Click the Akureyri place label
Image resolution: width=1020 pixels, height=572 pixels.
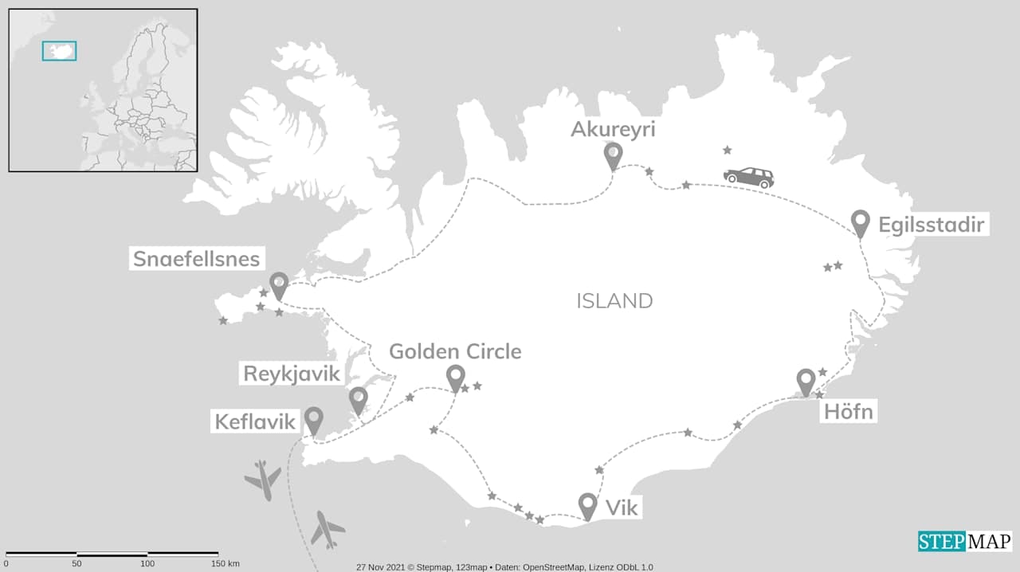(613, 129)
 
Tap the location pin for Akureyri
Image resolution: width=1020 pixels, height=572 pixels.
(613, 155)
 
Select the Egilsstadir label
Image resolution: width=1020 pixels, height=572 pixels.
(932, 225)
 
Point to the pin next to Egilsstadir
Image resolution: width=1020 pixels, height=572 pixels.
(860, 222)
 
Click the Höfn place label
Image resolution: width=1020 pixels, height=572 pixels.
(848, 412)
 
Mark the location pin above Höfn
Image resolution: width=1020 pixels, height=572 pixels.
(806, 381)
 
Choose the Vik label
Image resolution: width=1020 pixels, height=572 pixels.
(622, 507)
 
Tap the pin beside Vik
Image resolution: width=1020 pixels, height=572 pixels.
(588, 504)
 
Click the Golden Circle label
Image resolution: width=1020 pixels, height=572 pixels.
(455, 351)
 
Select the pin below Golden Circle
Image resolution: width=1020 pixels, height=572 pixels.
(456, 377)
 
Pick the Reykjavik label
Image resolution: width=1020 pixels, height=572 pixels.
(292, 374)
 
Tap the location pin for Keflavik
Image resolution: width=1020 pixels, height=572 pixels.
(314, 419)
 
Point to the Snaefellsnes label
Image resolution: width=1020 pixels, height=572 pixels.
(196, 259)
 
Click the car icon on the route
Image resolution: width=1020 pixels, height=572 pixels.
(748, 177)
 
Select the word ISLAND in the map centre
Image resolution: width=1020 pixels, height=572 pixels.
(614, 301)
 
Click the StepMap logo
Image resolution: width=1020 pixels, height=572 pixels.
(964, 542)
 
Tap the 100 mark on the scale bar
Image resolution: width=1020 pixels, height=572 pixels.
(147, 564)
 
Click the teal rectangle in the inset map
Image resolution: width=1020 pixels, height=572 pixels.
(59, 51)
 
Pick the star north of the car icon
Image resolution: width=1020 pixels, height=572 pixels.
(727, 150)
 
